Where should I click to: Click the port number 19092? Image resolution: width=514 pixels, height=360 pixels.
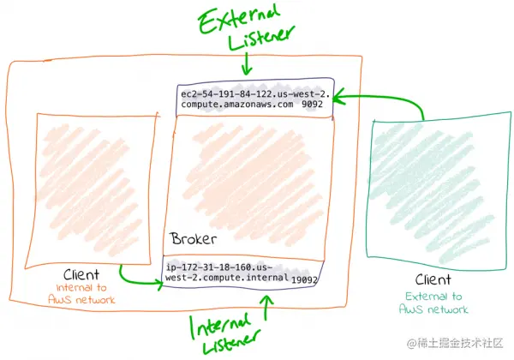pos(304,279)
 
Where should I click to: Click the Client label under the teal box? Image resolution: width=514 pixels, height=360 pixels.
pos(433,279)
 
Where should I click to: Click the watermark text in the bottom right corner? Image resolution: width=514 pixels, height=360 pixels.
pos(458,344)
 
